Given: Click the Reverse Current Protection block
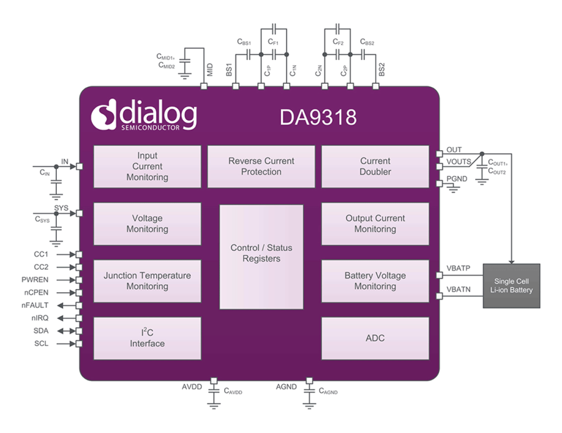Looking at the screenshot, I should (261, 166).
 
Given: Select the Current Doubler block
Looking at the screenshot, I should (375, 166).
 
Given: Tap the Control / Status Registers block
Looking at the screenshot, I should (261, 256).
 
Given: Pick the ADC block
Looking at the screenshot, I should (375, 338).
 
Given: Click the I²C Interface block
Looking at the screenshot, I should (147, 338).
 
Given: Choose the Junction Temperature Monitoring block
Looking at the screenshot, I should (147, 281).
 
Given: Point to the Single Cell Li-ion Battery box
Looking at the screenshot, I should (511, 286).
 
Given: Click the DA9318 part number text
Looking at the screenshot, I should (318, 118).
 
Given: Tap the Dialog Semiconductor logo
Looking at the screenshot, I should (144, 115).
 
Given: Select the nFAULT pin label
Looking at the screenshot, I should (35, 305).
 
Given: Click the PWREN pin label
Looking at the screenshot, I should (35, 280).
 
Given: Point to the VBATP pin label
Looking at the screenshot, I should (458, 268).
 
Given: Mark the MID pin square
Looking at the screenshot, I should (204, 86).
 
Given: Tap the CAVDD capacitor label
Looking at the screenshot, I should (233, 391).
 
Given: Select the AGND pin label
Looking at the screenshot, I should (286, 387).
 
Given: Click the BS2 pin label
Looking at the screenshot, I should (382, 69).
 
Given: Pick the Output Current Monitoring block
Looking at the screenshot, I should (375, 224).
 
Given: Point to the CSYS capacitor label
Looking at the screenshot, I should (43, 220).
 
